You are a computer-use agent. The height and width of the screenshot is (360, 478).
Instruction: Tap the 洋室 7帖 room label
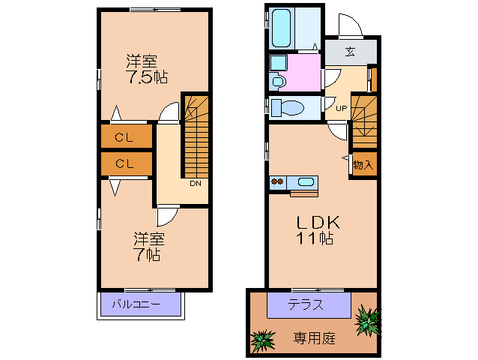(x=148, y=247)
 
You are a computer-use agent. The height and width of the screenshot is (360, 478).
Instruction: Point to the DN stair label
(x=195, y=183)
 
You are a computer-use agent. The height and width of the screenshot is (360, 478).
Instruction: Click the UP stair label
(x=340, y=107)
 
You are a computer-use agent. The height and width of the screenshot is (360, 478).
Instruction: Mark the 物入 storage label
(x=362, y=163)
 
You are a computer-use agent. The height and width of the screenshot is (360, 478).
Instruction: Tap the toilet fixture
(x=286, y=108)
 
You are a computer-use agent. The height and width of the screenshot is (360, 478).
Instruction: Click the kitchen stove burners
(x=278, y=181)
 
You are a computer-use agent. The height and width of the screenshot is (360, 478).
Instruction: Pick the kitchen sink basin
(x=306, y=181)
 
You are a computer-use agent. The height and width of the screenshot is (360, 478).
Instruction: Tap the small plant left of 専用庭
(x=262, y=343)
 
